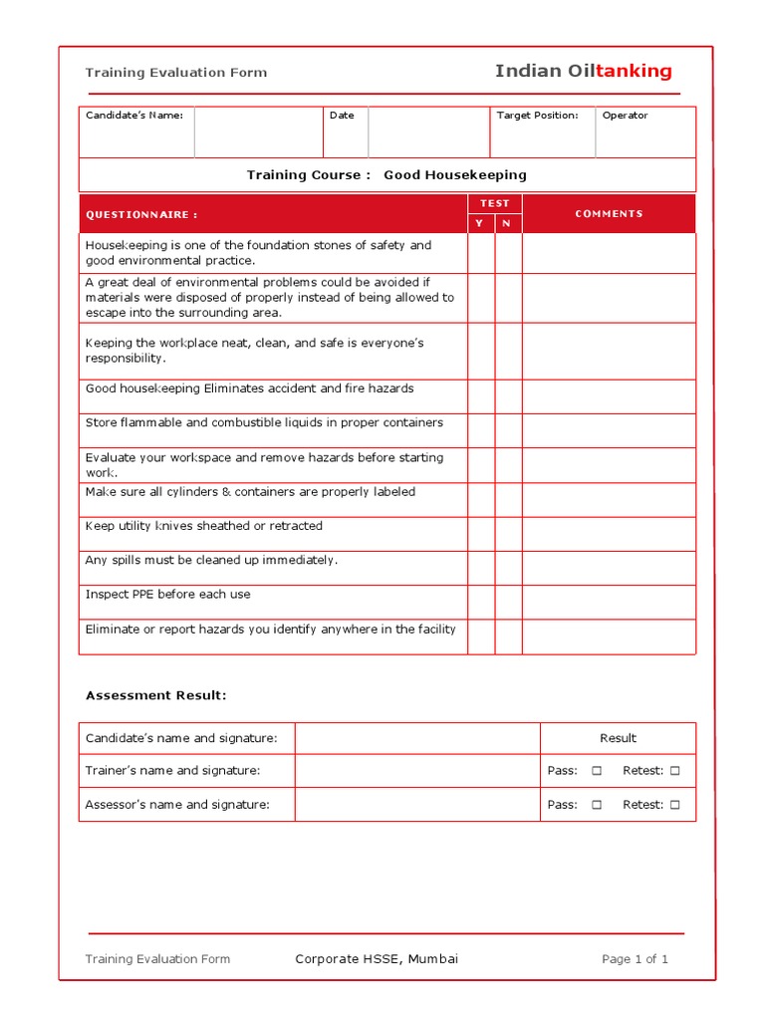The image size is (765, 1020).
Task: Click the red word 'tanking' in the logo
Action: tap(634, 71)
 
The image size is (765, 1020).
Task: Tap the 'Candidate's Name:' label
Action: tap(134, 116)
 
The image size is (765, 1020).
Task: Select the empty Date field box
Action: tap(428, 132)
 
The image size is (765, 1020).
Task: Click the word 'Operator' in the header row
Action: tap(625, 116)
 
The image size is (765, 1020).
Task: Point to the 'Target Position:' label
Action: tap(537, 116)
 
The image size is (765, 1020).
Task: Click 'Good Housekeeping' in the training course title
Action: tap(455, 175)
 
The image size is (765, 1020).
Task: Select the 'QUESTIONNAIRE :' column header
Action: tap(141, 214)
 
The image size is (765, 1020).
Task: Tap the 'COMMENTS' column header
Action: tap(609, 214)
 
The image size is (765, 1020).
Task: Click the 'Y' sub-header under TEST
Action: tap(480, 223)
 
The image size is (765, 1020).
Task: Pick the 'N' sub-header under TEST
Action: tap(507, 223)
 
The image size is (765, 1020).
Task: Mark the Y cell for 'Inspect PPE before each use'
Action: tap(481, 602)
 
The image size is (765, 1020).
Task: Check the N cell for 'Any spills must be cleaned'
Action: tap(508, 568)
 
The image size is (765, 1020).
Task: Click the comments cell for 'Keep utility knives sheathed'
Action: tap(609, 534)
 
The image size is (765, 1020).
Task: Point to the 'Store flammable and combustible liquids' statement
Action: tap(264, 423)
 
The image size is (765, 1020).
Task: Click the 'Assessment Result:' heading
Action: tap(155, 695)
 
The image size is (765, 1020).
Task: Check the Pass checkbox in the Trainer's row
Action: tap(597, 771)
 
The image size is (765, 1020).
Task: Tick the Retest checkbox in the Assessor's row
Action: tap(674, 805)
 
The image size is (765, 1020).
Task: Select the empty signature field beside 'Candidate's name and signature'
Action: tap(417, 738)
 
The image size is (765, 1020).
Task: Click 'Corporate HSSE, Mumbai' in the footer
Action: tap(377, 959)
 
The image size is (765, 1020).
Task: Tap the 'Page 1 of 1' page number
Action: tap(635, 959)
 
